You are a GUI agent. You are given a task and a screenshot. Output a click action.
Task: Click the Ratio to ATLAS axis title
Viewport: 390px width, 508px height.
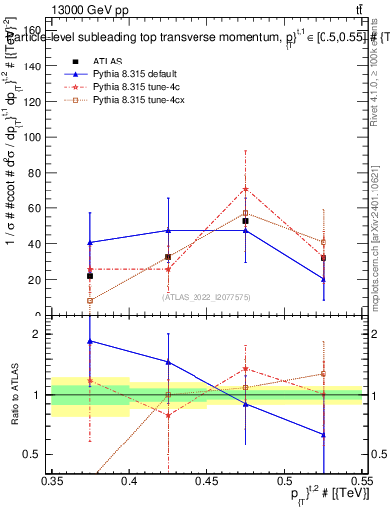click(x=16, y=395)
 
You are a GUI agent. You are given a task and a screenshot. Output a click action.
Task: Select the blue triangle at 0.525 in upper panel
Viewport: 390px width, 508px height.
click(x=323, y=279)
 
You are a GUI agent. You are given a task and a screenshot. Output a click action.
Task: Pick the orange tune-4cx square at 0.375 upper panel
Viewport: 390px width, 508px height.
click(x=90, y=300)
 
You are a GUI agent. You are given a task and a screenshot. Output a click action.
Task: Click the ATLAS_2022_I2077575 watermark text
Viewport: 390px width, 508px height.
click(x=206, y=296)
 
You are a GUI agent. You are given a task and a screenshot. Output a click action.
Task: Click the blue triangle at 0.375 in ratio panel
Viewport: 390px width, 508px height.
click(x=90, y=341)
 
